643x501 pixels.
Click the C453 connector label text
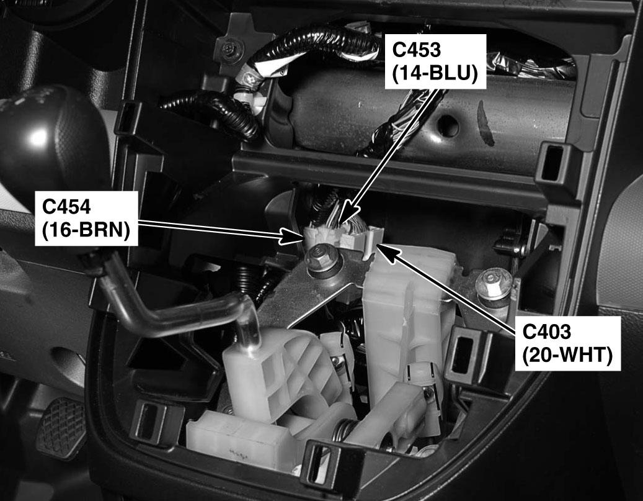416,50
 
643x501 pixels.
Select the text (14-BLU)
435,74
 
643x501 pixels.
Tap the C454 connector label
66,207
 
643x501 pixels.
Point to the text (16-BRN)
86,230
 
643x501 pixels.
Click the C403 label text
546,332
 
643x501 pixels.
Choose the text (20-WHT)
567,355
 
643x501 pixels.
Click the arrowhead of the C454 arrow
293,237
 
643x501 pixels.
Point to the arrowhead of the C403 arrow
388,253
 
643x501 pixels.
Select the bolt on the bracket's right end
494,283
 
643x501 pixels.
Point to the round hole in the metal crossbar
447,126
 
